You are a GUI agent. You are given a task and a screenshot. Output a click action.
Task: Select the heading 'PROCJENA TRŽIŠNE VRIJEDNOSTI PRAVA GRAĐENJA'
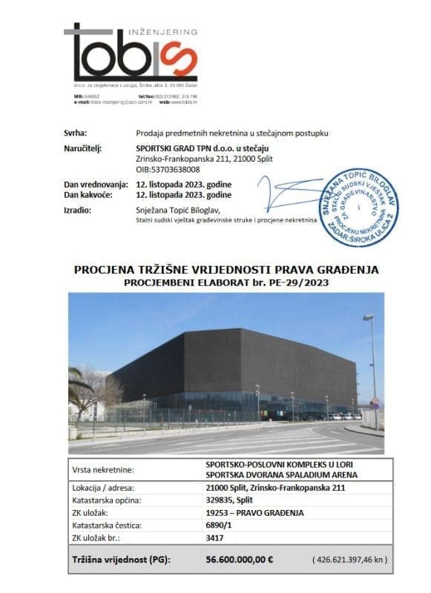pyautogui.click(x=226, y=270)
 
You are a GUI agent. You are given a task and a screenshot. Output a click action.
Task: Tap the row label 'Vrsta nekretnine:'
pyautogui.click(x=102, y=469)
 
